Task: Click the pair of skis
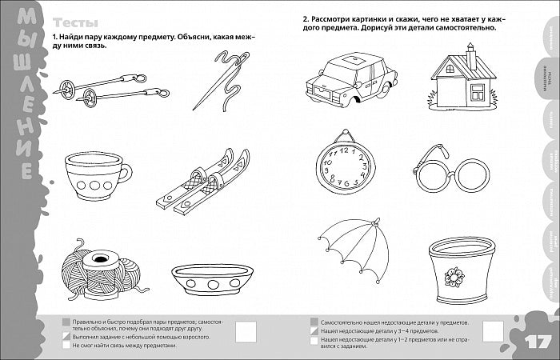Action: [204, 183]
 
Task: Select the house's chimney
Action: [471, 58]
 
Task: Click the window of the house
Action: [478, 92]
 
